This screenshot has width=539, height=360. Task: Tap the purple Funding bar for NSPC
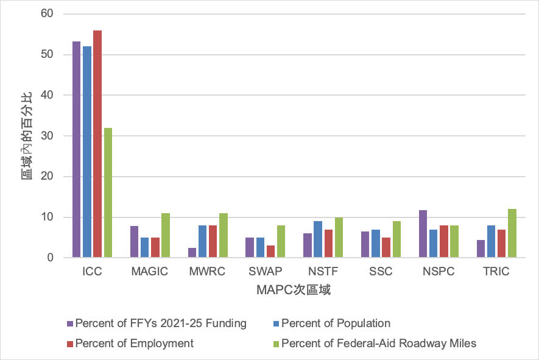click(423, 234)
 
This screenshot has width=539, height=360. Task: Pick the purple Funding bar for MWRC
click(192, 253)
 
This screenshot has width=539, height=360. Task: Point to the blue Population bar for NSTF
click(317, 239)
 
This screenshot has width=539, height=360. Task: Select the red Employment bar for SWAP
click(270, 252)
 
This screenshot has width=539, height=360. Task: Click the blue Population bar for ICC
click(87, 152)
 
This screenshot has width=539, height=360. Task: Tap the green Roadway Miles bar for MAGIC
click(166, 235)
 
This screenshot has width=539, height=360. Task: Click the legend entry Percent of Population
click(336, 323)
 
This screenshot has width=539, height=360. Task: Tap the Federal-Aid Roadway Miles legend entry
click(378, 344)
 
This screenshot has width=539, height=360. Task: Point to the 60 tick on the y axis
click(47, 13)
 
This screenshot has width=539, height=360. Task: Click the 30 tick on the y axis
click(47, 136)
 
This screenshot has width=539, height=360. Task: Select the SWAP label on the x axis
click(265, 272)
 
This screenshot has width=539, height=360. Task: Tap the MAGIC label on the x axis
click(149, 272)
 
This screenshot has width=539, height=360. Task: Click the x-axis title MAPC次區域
click(293, 290)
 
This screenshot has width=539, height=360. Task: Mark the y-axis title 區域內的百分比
click(26, 136)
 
